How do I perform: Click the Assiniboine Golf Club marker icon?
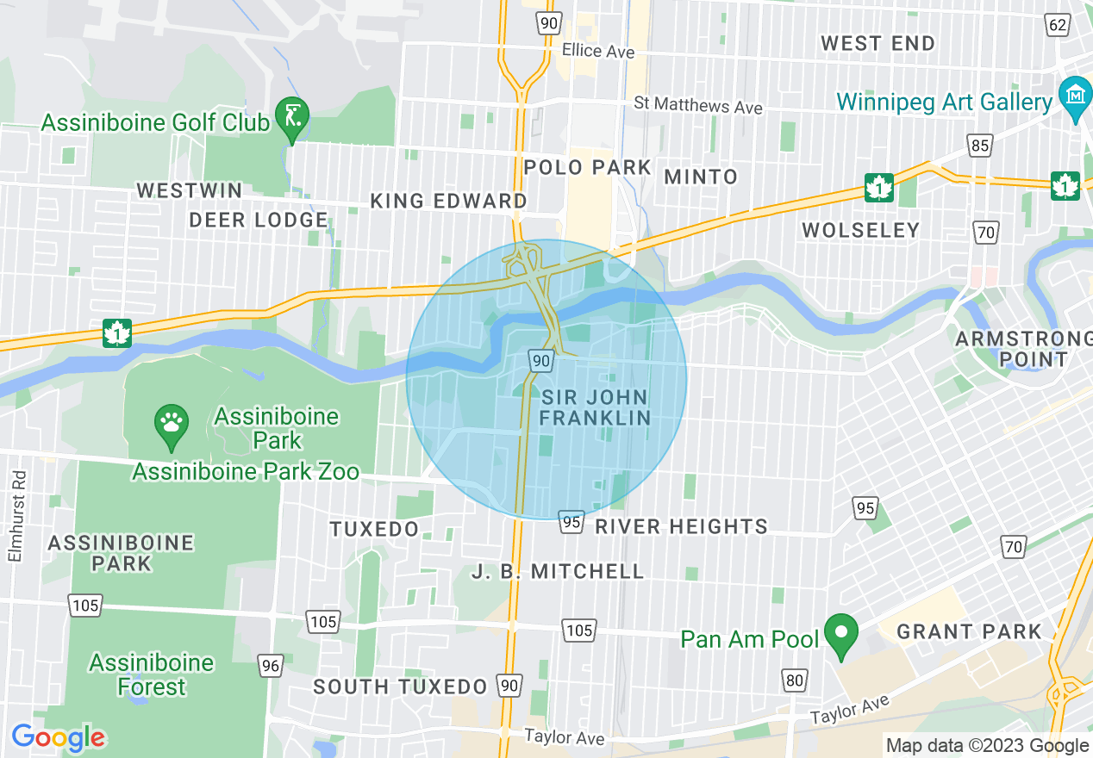click(x=292, y=114)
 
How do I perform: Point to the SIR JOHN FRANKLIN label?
click(x=596, y=407)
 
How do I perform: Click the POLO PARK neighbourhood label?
click(x=588, y=167)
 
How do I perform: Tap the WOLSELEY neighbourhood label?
click(x=860, y=230)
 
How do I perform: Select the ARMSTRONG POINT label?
click(x=1022, y=348)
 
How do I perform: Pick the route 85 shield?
click(x=979, y=146)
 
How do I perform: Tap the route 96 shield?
click(x=271, y=664)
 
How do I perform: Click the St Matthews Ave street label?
click(x=698, y=105)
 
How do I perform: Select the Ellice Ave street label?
click(x=597, y=52)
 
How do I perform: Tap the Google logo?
click(x=58, y=737)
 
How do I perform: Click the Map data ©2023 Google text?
click(x=987, y=745)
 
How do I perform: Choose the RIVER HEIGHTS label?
click(x=681, y=526)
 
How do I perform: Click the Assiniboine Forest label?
click(x=152, y=674)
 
